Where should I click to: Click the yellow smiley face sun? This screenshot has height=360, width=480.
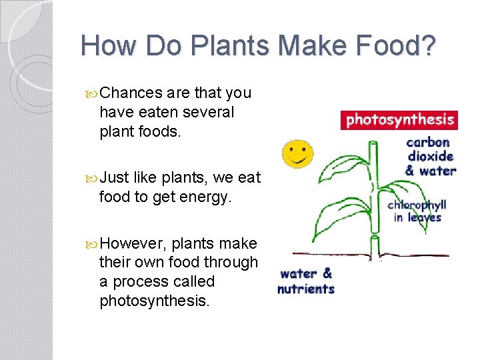(x=297, y=153)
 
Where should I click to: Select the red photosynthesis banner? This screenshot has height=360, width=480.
(x=399, y=120)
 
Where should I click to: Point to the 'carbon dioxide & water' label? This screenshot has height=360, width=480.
(x=429, y=156)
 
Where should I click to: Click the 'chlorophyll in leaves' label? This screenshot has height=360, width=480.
(x=417, y=211)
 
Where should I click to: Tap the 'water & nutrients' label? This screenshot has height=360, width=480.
(x=306, y=281)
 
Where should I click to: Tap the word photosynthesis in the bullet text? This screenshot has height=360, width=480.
(x=154, y=301)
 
